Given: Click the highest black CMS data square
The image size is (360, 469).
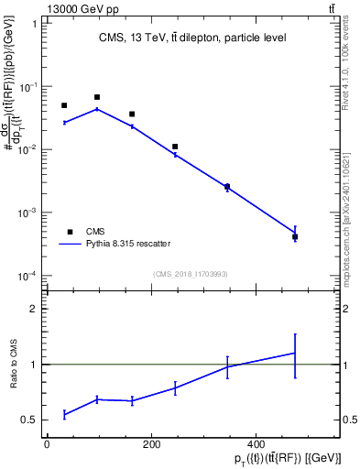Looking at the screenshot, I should (97, 97).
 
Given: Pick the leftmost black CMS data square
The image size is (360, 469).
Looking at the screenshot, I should (64, 105).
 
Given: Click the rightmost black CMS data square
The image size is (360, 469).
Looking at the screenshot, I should (295, 236).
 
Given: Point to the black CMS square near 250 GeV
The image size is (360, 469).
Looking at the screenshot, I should (175, 147).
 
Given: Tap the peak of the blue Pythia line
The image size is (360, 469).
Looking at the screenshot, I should (97, 109).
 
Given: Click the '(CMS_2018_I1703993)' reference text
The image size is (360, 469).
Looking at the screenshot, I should (191, 273).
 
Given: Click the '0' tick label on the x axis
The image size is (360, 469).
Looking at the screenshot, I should (47, 444).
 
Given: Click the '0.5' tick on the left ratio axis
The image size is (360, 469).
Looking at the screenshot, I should (30, 420).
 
